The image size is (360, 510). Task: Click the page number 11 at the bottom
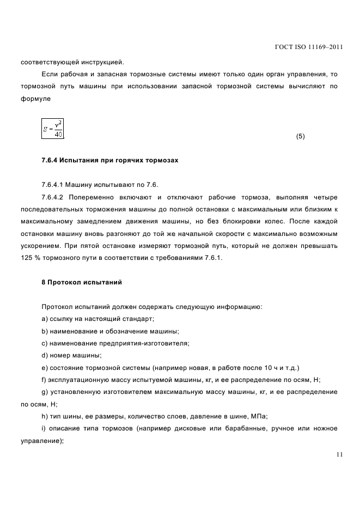click(x=339, y=454)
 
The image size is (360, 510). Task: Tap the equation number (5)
click(x=300, y=137)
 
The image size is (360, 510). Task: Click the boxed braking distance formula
click(x=53, y=129)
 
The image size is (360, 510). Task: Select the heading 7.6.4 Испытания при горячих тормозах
click(x=109, y=161)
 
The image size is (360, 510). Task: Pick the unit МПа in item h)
click(x=253, y=416)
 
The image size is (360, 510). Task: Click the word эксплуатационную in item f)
click(x=78, y=380)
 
